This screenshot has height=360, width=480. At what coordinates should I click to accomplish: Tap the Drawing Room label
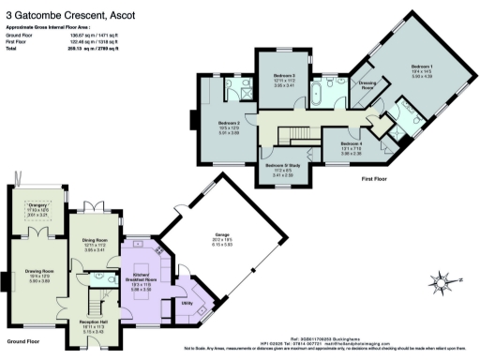34,275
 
